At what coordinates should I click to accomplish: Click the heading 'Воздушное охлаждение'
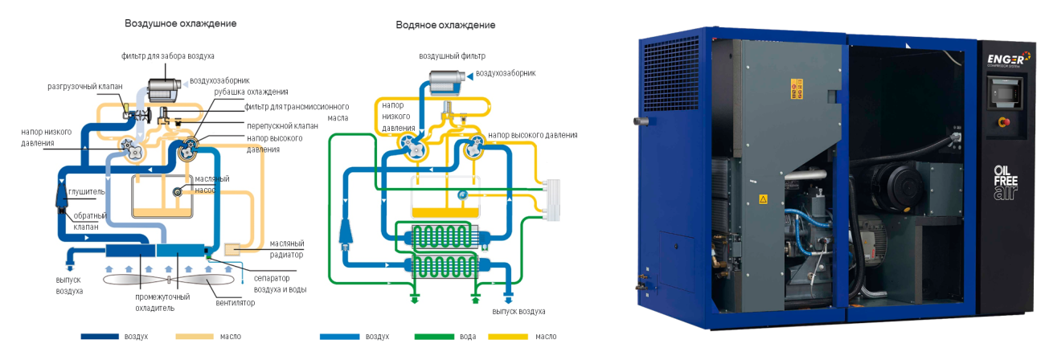[x=180, y=23]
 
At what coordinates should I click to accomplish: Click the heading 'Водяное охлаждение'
[x=445, y=25]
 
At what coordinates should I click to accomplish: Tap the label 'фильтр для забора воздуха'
[x=167, y=56]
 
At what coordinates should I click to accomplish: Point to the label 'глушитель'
[x=87, y=193]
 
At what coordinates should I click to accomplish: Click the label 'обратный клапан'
[x=85, y=222]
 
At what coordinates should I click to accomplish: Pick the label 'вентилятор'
[x=236, y=303]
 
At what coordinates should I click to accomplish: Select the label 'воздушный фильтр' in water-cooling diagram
[x=452, y=56]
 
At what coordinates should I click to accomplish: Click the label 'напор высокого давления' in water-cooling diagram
[x=532, y=135]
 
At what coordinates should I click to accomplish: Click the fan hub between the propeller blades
[x=168, y=280]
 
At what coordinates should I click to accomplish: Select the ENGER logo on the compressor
[x=1006, y=59]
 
